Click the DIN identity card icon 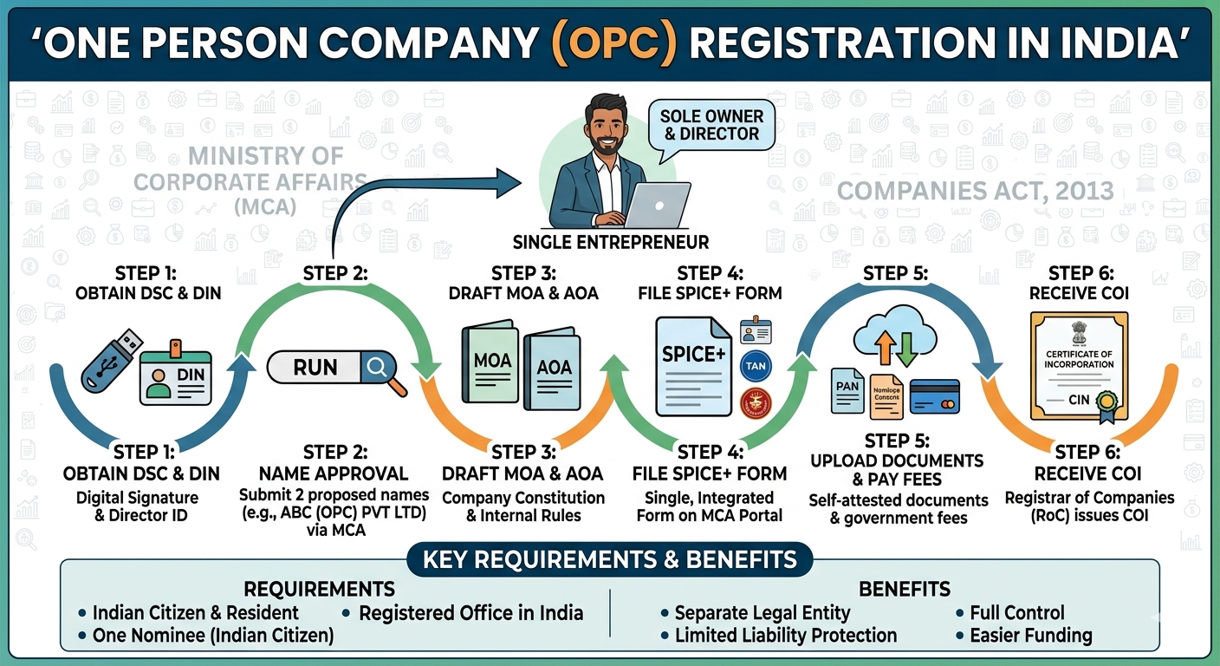coord(176,376)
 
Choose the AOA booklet coord(553,369)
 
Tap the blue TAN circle coord(755,367)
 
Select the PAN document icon coord(847,389)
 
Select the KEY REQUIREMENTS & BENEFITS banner coord(609,559)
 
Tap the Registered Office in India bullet coord(469,613)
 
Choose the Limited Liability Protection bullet coord(783,635)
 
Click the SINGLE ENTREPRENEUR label coord(610,242)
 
